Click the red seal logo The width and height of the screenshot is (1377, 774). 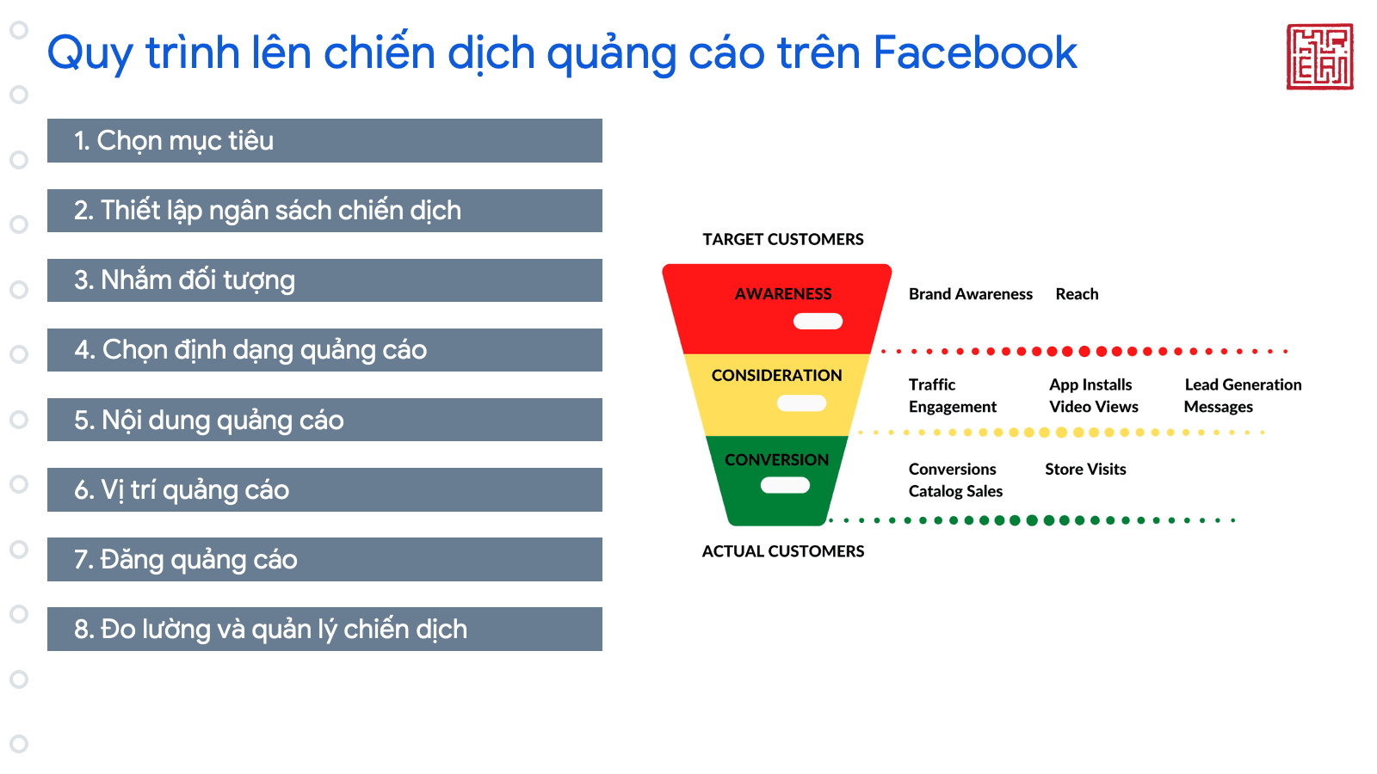point(1319,57)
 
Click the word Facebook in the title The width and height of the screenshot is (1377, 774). point(975,52)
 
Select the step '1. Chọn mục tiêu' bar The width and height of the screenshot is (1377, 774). point(324,141)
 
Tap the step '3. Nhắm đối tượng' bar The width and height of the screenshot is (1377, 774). point(324,280)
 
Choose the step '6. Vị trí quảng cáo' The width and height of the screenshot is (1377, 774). point(324,489)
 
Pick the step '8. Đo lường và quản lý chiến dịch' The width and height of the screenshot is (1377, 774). point(324,629)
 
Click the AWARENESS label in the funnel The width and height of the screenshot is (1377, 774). point(783,294)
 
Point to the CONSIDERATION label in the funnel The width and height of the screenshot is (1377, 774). point(777,375)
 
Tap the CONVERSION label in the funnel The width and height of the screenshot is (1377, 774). point(777,459)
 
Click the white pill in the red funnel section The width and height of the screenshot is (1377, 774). point(818,322)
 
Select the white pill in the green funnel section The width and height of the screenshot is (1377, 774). point(785,485)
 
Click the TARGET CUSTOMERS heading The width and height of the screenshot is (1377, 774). point(783,239)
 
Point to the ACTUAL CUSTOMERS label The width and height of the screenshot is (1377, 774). point(783,551)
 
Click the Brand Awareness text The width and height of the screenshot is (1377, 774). point(971,294)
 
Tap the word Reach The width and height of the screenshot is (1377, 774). point(1077,294)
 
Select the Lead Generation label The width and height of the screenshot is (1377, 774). point(1243,384)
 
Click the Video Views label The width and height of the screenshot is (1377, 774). point(1094,407)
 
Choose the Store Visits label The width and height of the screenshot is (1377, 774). point(1085,470)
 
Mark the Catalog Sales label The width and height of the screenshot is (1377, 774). point(955,491)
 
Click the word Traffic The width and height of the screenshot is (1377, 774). point(932,384)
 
